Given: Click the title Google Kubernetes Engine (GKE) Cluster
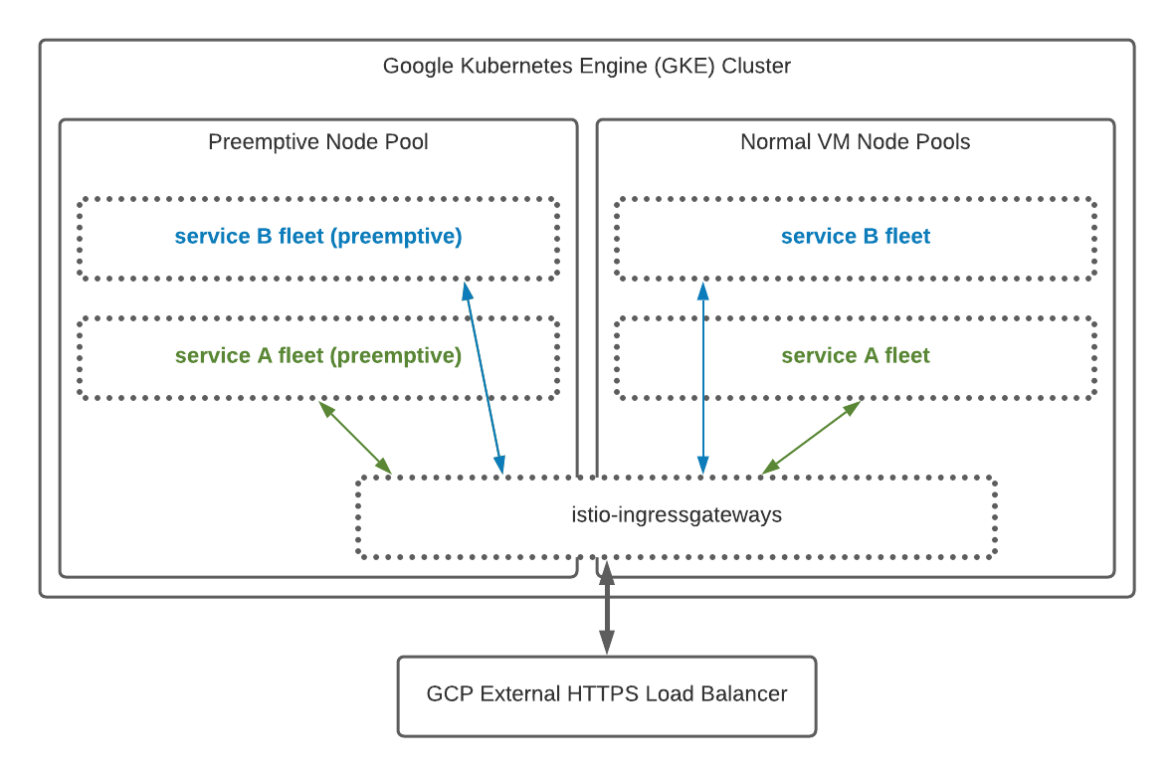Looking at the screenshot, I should (587, 67).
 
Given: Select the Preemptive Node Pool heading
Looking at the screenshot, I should (318, 142).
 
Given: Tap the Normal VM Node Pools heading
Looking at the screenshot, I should (855, 142).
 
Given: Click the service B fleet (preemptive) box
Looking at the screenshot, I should (318, 237).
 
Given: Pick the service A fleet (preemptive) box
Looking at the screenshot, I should (318, 356).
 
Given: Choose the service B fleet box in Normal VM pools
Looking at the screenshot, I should (856, 237).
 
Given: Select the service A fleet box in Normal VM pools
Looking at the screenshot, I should (856, 356).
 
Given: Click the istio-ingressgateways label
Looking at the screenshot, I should (677, 515).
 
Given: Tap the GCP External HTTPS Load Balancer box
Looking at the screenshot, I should (607, 694).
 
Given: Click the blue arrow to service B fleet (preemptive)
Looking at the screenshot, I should (484, 378).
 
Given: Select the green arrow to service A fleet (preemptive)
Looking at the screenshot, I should (355, 437).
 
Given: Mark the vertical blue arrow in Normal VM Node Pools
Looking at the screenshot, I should (703, 378).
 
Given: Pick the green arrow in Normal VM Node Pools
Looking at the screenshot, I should (812, 437).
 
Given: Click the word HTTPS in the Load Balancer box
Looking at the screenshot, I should (601, 694).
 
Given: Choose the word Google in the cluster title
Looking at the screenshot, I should (417, 67).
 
